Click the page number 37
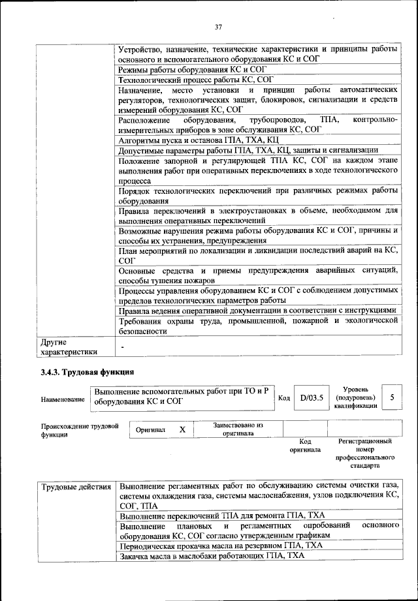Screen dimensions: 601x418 [219, 27]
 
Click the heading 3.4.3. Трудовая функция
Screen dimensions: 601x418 [87, 373]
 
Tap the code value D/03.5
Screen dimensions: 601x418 [312, 397]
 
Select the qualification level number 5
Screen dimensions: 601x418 [391, 397]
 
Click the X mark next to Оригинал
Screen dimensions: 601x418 [182, 429]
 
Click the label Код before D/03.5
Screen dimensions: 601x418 [284, 397]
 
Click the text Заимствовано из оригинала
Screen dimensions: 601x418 [238, 429]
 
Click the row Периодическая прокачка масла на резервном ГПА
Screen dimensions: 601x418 [221, 546]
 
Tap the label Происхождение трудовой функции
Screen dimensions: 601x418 [79, 430]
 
